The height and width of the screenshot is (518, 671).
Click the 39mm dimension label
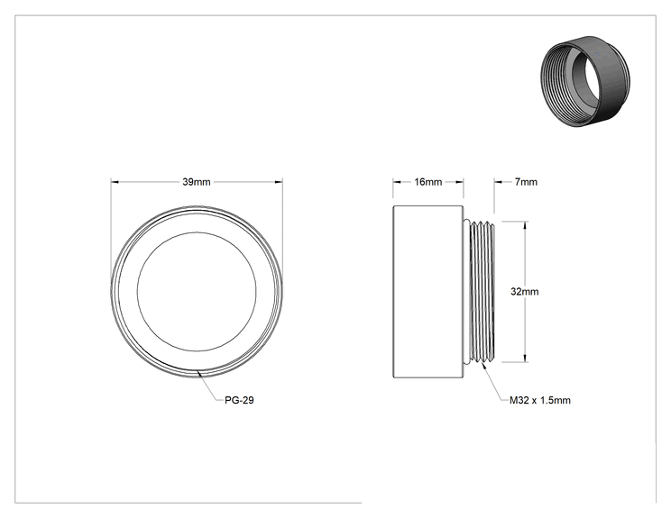click(x=197, y=182)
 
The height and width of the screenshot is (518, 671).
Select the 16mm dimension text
click(x=427, y=182)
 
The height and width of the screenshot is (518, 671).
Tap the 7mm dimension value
click(x=526, y=182)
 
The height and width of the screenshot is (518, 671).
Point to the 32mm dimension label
click(x=525, y=292)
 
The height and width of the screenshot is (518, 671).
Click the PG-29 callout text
click(x=239, y=400)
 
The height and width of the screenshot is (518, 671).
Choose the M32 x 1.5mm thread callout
click(x=540, y=400)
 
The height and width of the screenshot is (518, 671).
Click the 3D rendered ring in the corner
click(x=585, y=81)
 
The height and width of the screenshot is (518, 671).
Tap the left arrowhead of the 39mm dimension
click(x=115, y=182)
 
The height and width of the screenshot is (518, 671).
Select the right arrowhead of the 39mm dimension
click(x=279, y=182)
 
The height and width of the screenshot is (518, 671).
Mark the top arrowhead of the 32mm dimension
click(x=525, y=225)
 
